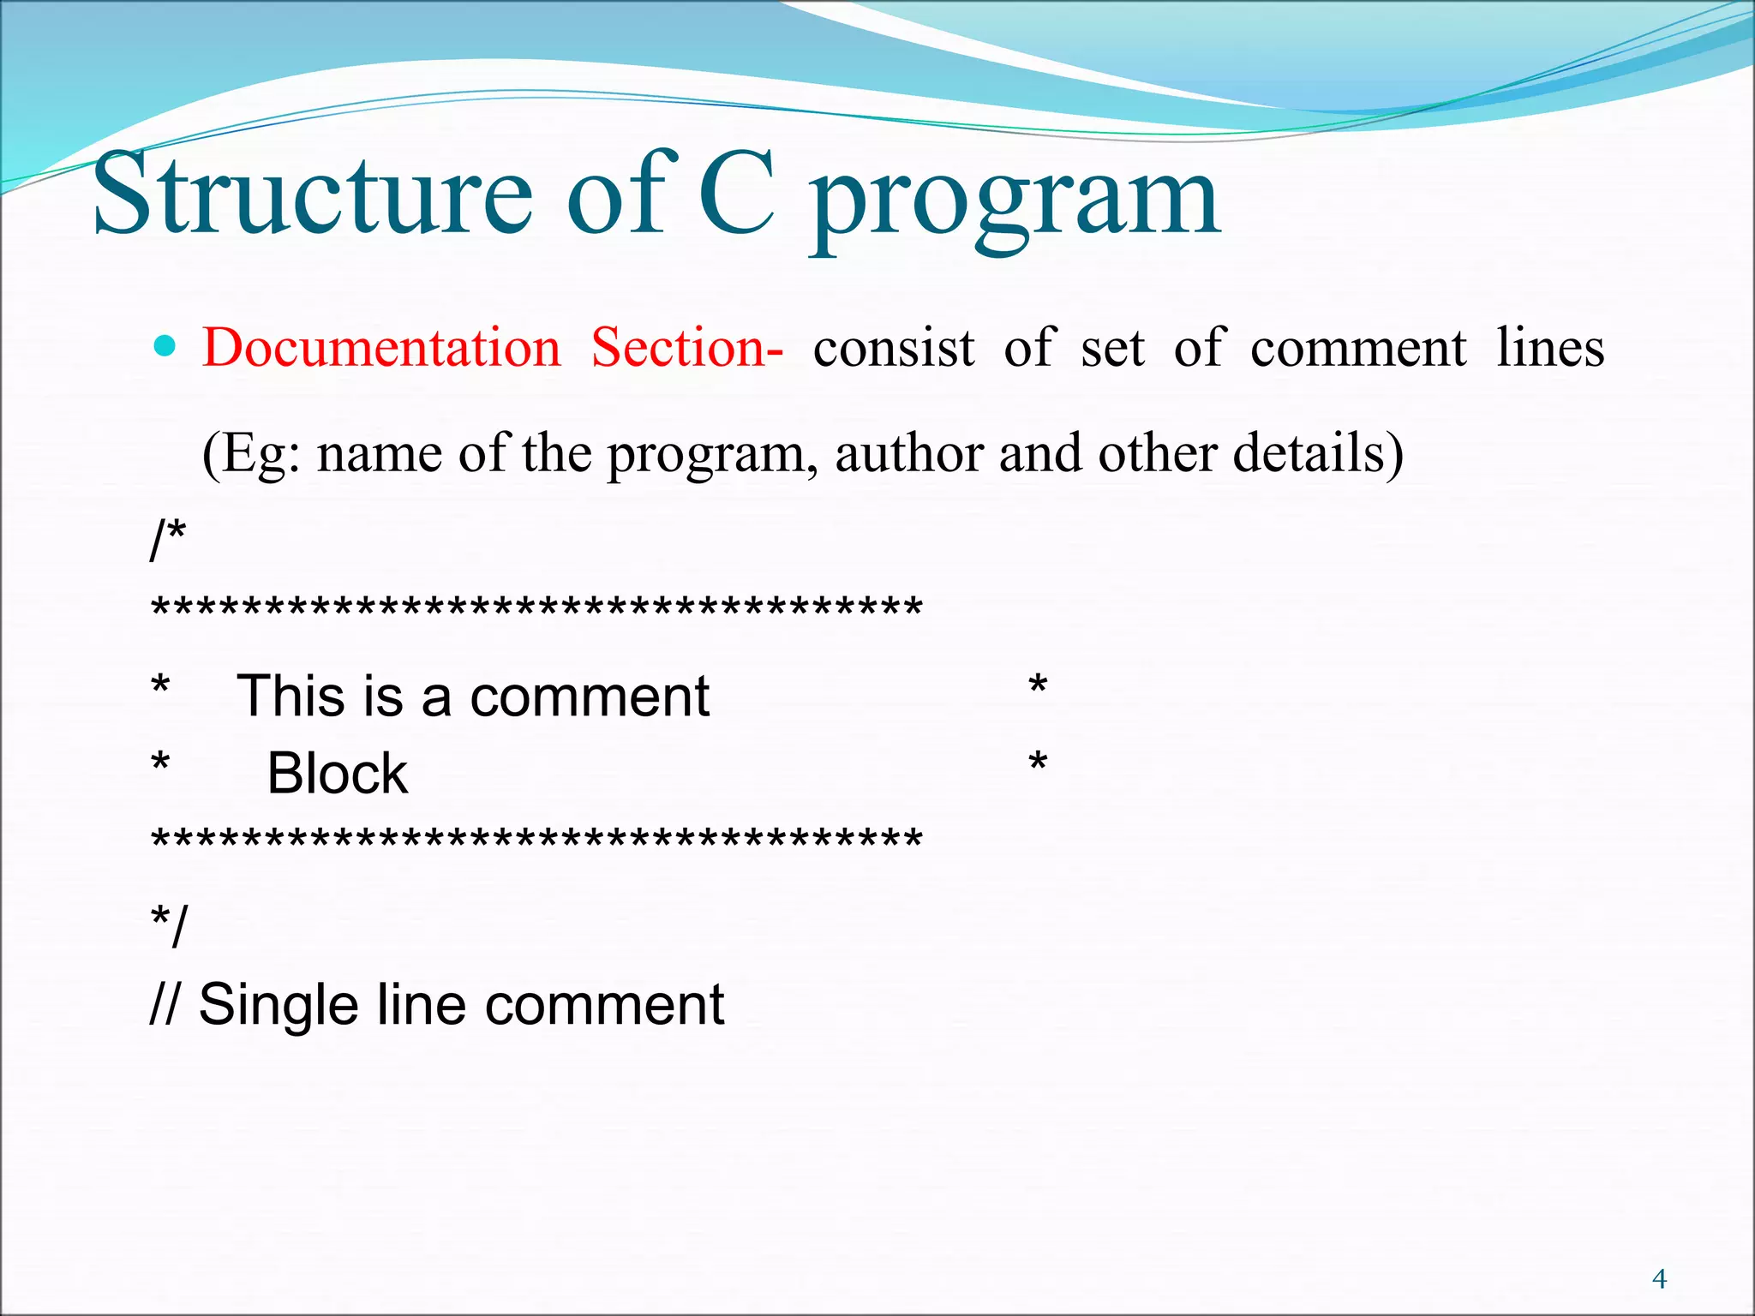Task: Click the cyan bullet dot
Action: pyautogui.click(x=164, y=347)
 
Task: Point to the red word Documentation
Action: pyautogui.click(x=381, y=348)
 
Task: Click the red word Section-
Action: pyautogui.click(x=686, y=348)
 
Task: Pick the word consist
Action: pyautogui.click(x=893, y=350)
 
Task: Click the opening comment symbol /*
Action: pyautogui.click(x=168, y=540)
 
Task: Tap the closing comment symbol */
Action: pyautogui.click(x=168, y=925)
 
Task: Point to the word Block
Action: pyautogui.click(x=337, y=773)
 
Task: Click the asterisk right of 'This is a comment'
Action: pyautogui.click(x=1038, y=686)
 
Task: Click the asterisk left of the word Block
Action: pyautogui.click(x=160, y=763)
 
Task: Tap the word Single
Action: pyautogui.click(x=279, y=1004)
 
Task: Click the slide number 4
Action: pyautogui.click(x=1659, y=1279)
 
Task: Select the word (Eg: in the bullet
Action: pyautogui.click(x=251, y=454)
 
